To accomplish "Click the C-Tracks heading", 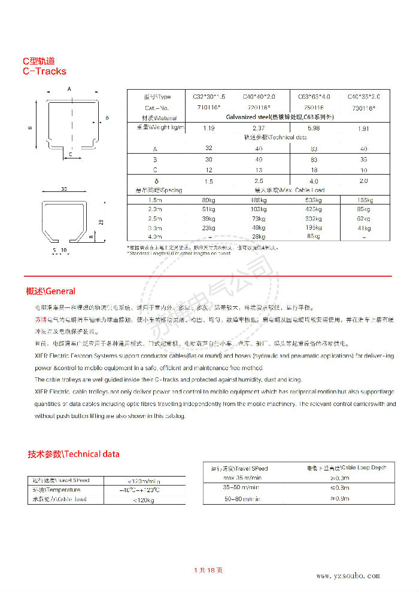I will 44,71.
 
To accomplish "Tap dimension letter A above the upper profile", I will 69,89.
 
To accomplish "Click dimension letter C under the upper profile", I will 71,154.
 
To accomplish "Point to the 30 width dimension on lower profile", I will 64,189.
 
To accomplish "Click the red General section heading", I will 51,291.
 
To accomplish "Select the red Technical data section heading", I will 73,454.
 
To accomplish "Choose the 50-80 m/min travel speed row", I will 242,499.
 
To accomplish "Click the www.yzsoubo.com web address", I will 348,576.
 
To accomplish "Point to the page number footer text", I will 209,570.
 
